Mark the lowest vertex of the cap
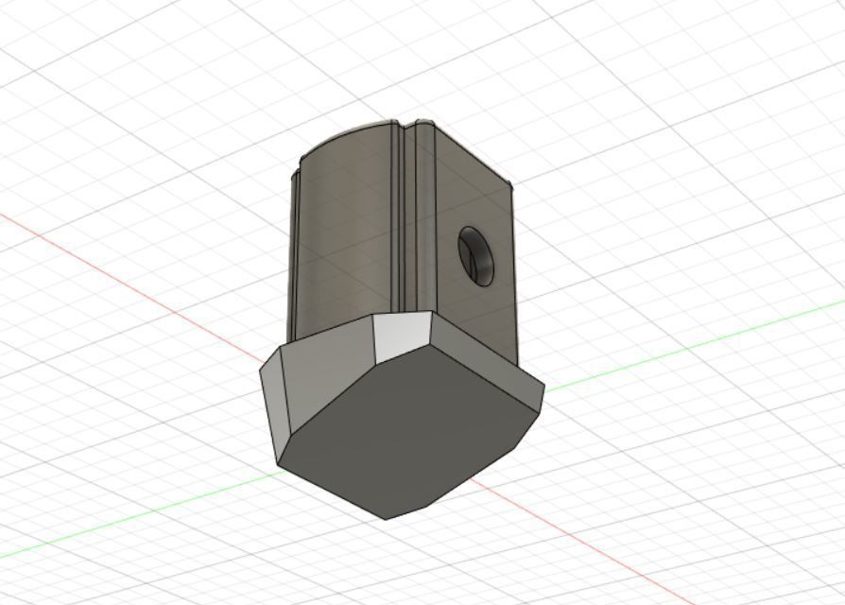coord(387,518)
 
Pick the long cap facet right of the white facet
coord(482,350)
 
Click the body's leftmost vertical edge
coord(293,246)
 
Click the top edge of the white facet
coord(402,316)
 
